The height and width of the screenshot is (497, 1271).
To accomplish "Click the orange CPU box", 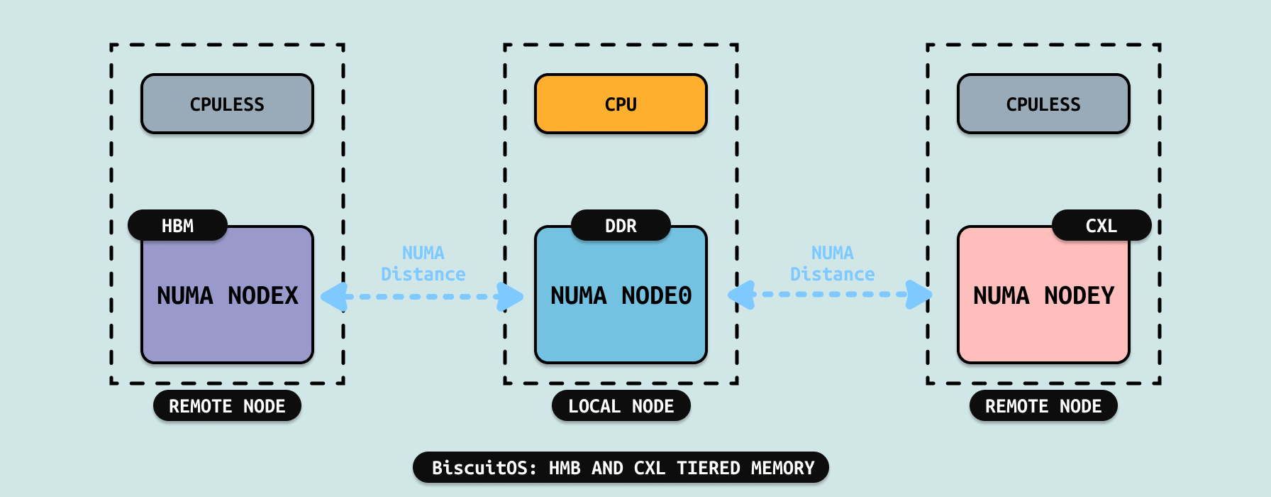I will pyautogui.click(x=621, y=104).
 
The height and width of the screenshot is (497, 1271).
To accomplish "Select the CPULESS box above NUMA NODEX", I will pyautogui.click(x=227, y=104).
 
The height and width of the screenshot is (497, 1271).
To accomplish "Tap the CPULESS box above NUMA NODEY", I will pyautogui.click(x=1043, y=104).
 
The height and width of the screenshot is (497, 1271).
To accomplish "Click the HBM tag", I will pyautogui.click(x=177, y=226).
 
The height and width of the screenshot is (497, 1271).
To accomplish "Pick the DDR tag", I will pyautogui.click(x=621, y=226).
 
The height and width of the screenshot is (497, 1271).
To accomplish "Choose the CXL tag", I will pyautogui.click(x=1101, y=226).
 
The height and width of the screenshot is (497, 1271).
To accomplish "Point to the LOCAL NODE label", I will pyautogui.click(x=621, y=406).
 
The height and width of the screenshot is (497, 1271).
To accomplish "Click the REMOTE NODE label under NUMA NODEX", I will pyautogui.click(x=227, y=406).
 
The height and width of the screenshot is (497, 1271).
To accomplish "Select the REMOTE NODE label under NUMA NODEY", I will pyautogui.click(x=1043, y=406).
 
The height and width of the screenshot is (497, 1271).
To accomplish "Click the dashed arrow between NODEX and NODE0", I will pyautogui.click(x=423, y=296).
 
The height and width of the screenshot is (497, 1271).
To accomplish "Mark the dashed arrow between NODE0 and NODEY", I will pyautogui.click(x=831, y=294).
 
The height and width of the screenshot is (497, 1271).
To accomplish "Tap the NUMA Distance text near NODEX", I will pyautogui.click(x=423, y=263).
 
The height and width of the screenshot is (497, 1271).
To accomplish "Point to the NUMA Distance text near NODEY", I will pyautogui.click(x=832, y=263).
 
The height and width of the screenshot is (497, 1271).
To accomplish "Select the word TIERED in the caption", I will pyautogui.click(x=708, y=468).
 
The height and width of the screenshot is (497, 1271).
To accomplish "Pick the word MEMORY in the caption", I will pyautogui.click(x=782, y=468).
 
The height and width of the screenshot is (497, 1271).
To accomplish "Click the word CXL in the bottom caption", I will pyautogui.click(x=649, y=468).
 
